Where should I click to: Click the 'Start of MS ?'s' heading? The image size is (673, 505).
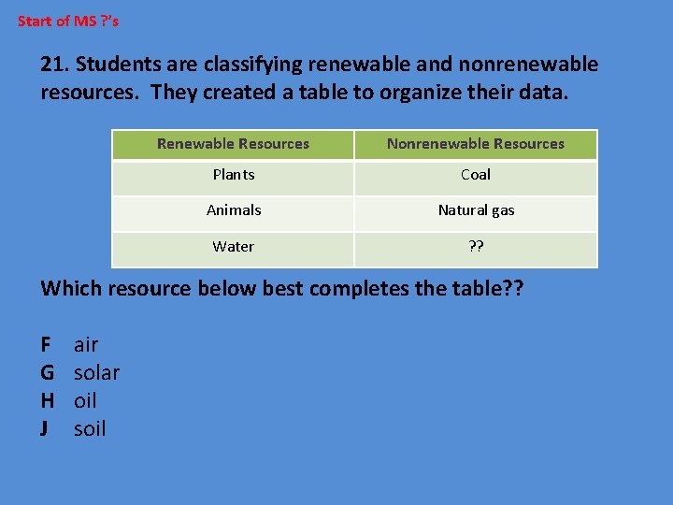(x=68, y=20)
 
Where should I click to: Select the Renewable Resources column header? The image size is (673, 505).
(x=233, y=144)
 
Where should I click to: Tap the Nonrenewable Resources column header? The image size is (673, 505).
(x=475, y=144)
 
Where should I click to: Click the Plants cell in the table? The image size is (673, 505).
(x=233, y=175)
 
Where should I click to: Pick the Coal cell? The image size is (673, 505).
(x=475, y=175)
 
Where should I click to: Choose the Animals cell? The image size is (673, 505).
(x=233, y=210)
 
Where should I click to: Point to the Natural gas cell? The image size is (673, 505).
(x=475, y=210)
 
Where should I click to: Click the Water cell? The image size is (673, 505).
(x=233, y=247)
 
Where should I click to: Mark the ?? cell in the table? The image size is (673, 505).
(x=475, y=247)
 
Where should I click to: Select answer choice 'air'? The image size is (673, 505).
(x=86, y=345)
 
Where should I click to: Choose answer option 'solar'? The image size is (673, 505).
(x=96, y=373)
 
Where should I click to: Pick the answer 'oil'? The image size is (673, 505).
(x=85, y=401)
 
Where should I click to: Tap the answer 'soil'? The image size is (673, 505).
(x=90, y=429)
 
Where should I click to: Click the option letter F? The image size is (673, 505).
(x=46, y=345)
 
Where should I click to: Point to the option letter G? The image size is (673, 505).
(x=47, y=373)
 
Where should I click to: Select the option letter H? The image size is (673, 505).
(x=47, y=401)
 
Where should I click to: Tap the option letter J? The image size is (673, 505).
(x=45, y=429)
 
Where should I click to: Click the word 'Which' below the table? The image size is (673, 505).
(x=71, y=288)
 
